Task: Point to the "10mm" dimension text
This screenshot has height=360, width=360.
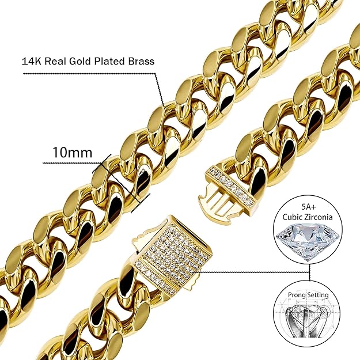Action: [x=73, y=152]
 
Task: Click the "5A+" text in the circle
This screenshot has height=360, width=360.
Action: [x=308, y=207]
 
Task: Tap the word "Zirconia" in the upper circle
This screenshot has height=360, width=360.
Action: [x=319, y=217]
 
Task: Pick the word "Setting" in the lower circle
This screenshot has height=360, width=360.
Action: [x=319, y=295]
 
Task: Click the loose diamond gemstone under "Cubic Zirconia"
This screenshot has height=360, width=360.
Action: [x=308, y=240]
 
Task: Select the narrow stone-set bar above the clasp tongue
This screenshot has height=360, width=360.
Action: [x=231, y=187]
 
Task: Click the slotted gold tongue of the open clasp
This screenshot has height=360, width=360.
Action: [x=217, y=200]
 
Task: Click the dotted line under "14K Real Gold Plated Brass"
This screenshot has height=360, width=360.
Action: [x=89, y=74]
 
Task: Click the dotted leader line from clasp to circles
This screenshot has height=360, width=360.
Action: [x=255, y=272]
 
